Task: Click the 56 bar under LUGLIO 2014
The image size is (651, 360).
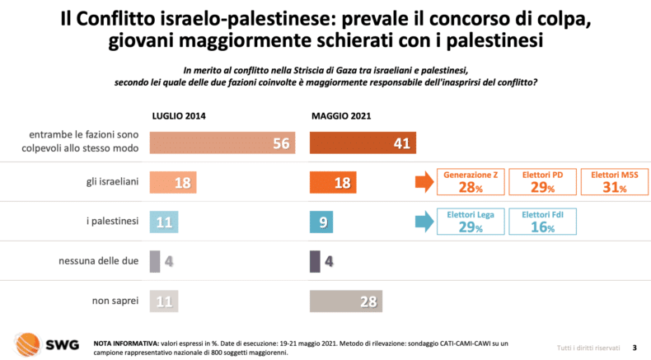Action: point(223,143)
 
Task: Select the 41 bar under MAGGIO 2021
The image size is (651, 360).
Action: point(363,143)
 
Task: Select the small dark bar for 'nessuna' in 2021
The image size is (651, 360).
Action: point(314,262)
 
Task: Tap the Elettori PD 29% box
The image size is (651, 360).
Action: point(542,182)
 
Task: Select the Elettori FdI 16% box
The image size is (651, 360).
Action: point(542,222)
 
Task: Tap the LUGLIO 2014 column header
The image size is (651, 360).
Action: point(178,116)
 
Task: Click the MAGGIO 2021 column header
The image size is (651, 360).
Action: point(340,116)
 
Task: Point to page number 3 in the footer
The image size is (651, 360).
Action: point(634,347)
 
